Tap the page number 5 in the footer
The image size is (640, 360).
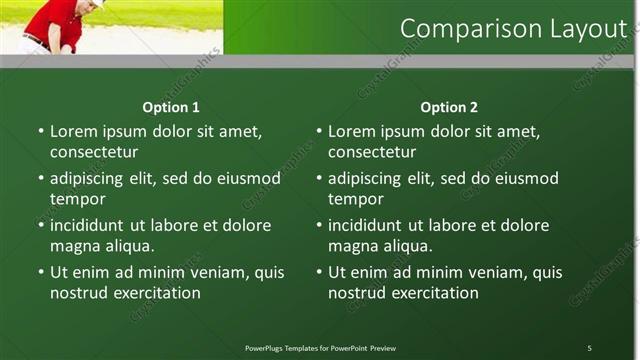589,348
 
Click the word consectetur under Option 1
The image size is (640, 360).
94,153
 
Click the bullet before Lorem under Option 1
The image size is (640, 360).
41,132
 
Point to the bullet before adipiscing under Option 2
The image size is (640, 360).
319,179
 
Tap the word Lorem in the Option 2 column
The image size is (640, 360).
351,132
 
